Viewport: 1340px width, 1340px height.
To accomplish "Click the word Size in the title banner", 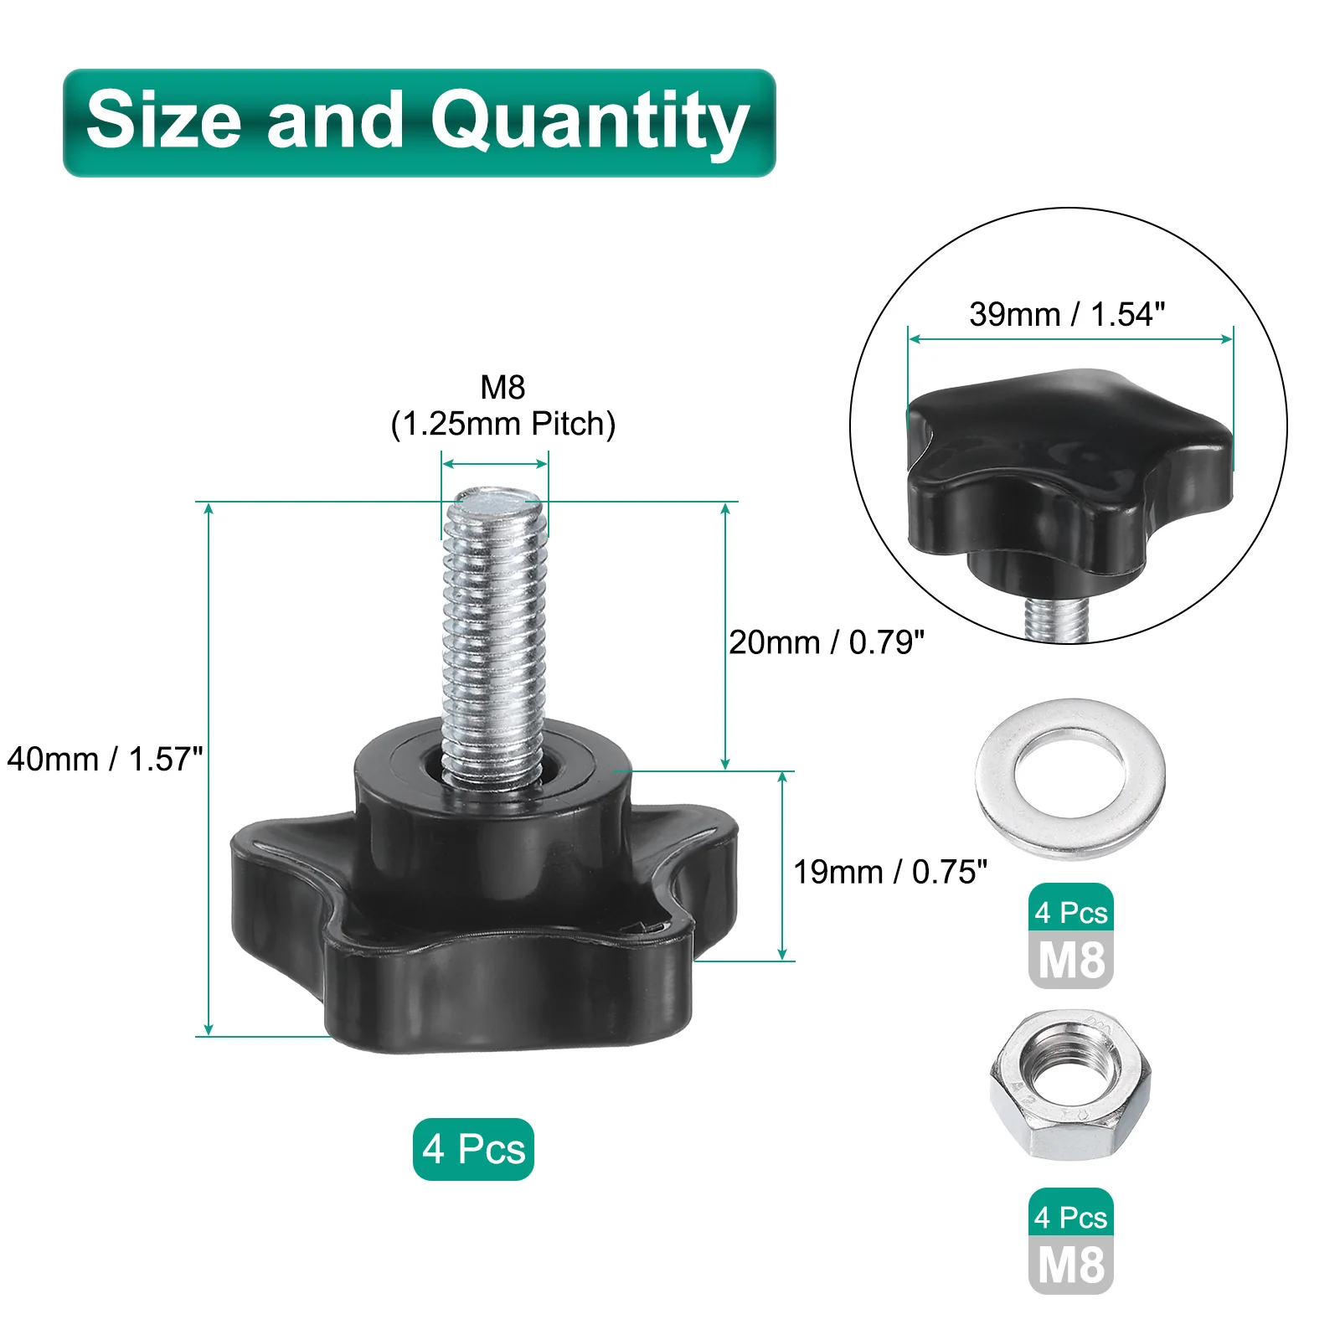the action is tap(164, 120).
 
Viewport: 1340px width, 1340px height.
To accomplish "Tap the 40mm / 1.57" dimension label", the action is tap(105, 759).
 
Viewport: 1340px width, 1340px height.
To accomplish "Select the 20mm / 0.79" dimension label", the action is tap(827, 642).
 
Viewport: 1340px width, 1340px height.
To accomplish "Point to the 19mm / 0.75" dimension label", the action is tap(890, 872).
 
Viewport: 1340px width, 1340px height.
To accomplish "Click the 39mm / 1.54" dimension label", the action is tap(1067, 314).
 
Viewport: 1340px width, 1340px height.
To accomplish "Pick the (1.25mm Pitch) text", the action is tap(503, 425).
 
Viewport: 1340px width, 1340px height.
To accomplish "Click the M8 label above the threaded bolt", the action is tap(502, 387).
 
